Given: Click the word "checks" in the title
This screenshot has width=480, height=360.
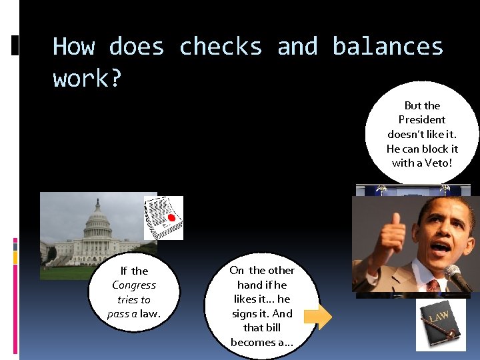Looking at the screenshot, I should [x=221, y=47].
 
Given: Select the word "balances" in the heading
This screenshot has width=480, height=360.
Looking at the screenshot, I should [x=387, y=47].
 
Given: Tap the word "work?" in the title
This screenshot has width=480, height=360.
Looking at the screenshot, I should [x=87, y=79].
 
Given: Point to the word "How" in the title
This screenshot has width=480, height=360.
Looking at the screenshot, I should [x=73, y=47].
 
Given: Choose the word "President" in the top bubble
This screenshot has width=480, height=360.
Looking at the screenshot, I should [x=422, y=119].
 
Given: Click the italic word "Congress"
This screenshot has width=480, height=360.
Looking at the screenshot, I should [x=134, y=285].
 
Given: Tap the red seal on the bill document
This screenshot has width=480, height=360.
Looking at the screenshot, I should [x=171, y=218].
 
